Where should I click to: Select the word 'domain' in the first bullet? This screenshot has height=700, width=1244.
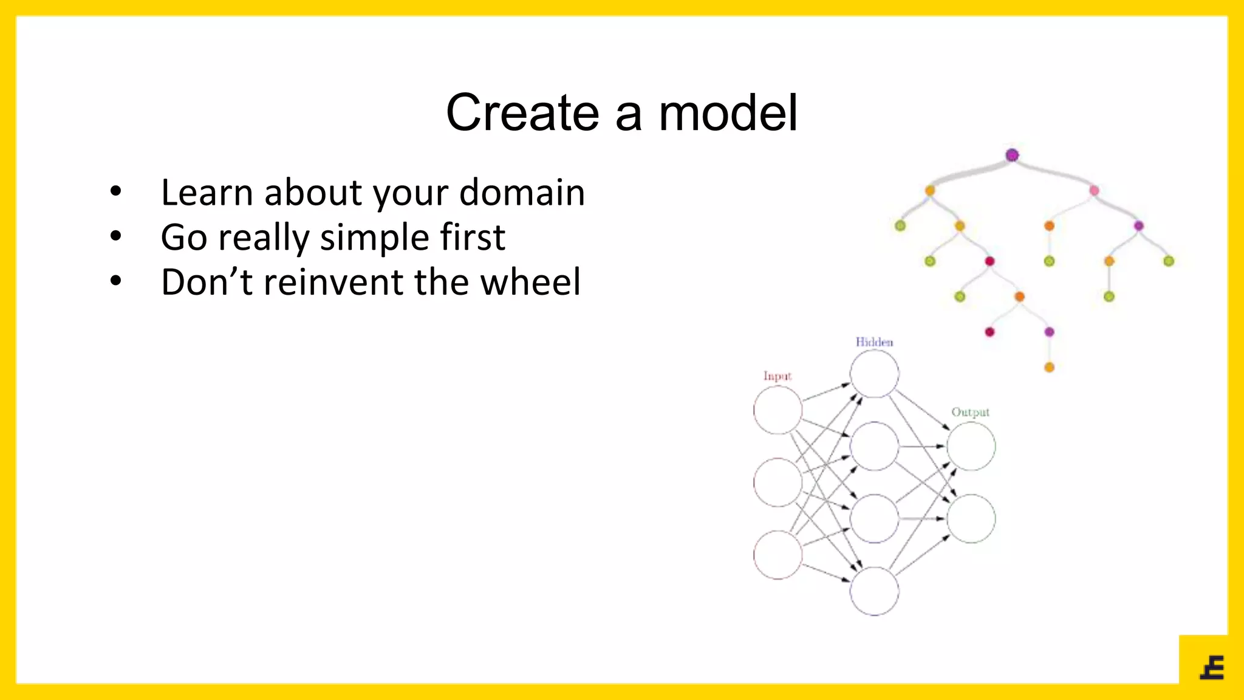[522, 193]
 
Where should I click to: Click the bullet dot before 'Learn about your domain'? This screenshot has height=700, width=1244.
[115, 192]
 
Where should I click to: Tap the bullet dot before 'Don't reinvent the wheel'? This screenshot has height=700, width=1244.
[115, 281]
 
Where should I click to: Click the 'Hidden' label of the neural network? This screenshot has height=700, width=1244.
[874, 342]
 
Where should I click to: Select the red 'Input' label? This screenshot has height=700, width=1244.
[777, 376]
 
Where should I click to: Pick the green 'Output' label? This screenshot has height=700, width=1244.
[970, 412]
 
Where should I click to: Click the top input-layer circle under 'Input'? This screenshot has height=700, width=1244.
[777, 410]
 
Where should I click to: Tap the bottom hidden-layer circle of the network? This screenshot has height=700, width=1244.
[874, 591]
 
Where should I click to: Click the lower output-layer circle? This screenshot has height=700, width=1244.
[971, 518]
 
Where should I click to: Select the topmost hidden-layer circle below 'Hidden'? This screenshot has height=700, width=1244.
[874, 374]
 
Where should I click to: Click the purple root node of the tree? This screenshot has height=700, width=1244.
[1012, 155]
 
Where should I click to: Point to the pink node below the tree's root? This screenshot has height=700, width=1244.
[1094, 191]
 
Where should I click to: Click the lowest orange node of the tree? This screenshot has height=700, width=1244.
[1049, 367]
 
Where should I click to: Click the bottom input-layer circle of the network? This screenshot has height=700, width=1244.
[777, 554]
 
